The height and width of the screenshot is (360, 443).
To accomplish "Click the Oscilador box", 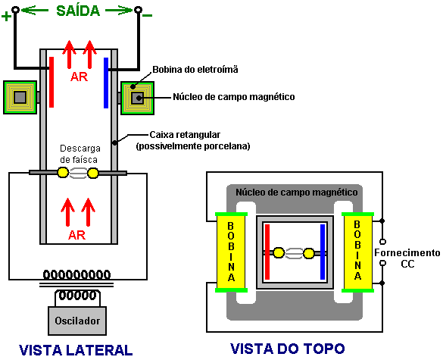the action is pyautogui.click(x=77, y=321).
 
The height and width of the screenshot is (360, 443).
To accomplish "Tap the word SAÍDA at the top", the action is pyautogui.click(x=78, y=11).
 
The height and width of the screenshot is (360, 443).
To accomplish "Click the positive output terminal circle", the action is pyautogui.click(x=16, y=10).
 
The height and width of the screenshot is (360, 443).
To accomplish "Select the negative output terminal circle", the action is pyautogui.click(x=138, y=10).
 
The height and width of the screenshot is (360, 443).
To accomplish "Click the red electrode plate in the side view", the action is pyautogui.click(x=51, y=83).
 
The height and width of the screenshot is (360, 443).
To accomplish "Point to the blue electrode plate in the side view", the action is pyautogui.click(x=106, y=83).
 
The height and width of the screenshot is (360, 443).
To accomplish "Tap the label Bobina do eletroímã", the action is pyautogui.click(x=195, y=70).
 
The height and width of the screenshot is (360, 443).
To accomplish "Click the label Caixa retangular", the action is pyautogui.click(x=185, y=135).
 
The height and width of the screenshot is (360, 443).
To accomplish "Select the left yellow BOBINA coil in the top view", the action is pyautogui.click(x=231, y=252).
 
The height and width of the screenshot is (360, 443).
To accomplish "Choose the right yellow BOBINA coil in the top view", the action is pyautogui.click(x=357, y=252).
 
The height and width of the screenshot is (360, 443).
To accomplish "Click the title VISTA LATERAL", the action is pyautogui.click(x=76, y=350).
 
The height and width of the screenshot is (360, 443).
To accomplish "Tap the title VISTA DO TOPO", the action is pyautogui.click(x=288, y=349).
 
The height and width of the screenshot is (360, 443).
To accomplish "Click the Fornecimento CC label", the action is pyautogui.click(x=407, y=258).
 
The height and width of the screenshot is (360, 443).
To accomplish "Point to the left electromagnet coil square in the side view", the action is pyautogui.click(x=20, y=98).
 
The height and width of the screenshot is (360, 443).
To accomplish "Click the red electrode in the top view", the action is pyautogui.click(x=267, y=252).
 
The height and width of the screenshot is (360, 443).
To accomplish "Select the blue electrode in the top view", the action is pyautogui.click(x=323, y=252).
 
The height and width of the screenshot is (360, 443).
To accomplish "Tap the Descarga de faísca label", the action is pyautogui.click(x=79, y=154).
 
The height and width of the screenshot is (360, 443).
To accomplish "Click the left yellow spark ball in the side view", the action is pyautogui.click(x=63, y=173).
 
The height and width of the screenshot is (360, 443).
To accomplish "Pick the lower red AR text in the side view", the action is pyautogui.click(x=76, y=235).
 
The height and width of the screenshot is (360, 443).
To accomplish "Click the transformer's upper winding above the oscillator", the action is pyautogui.click(x=76, y=274).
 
